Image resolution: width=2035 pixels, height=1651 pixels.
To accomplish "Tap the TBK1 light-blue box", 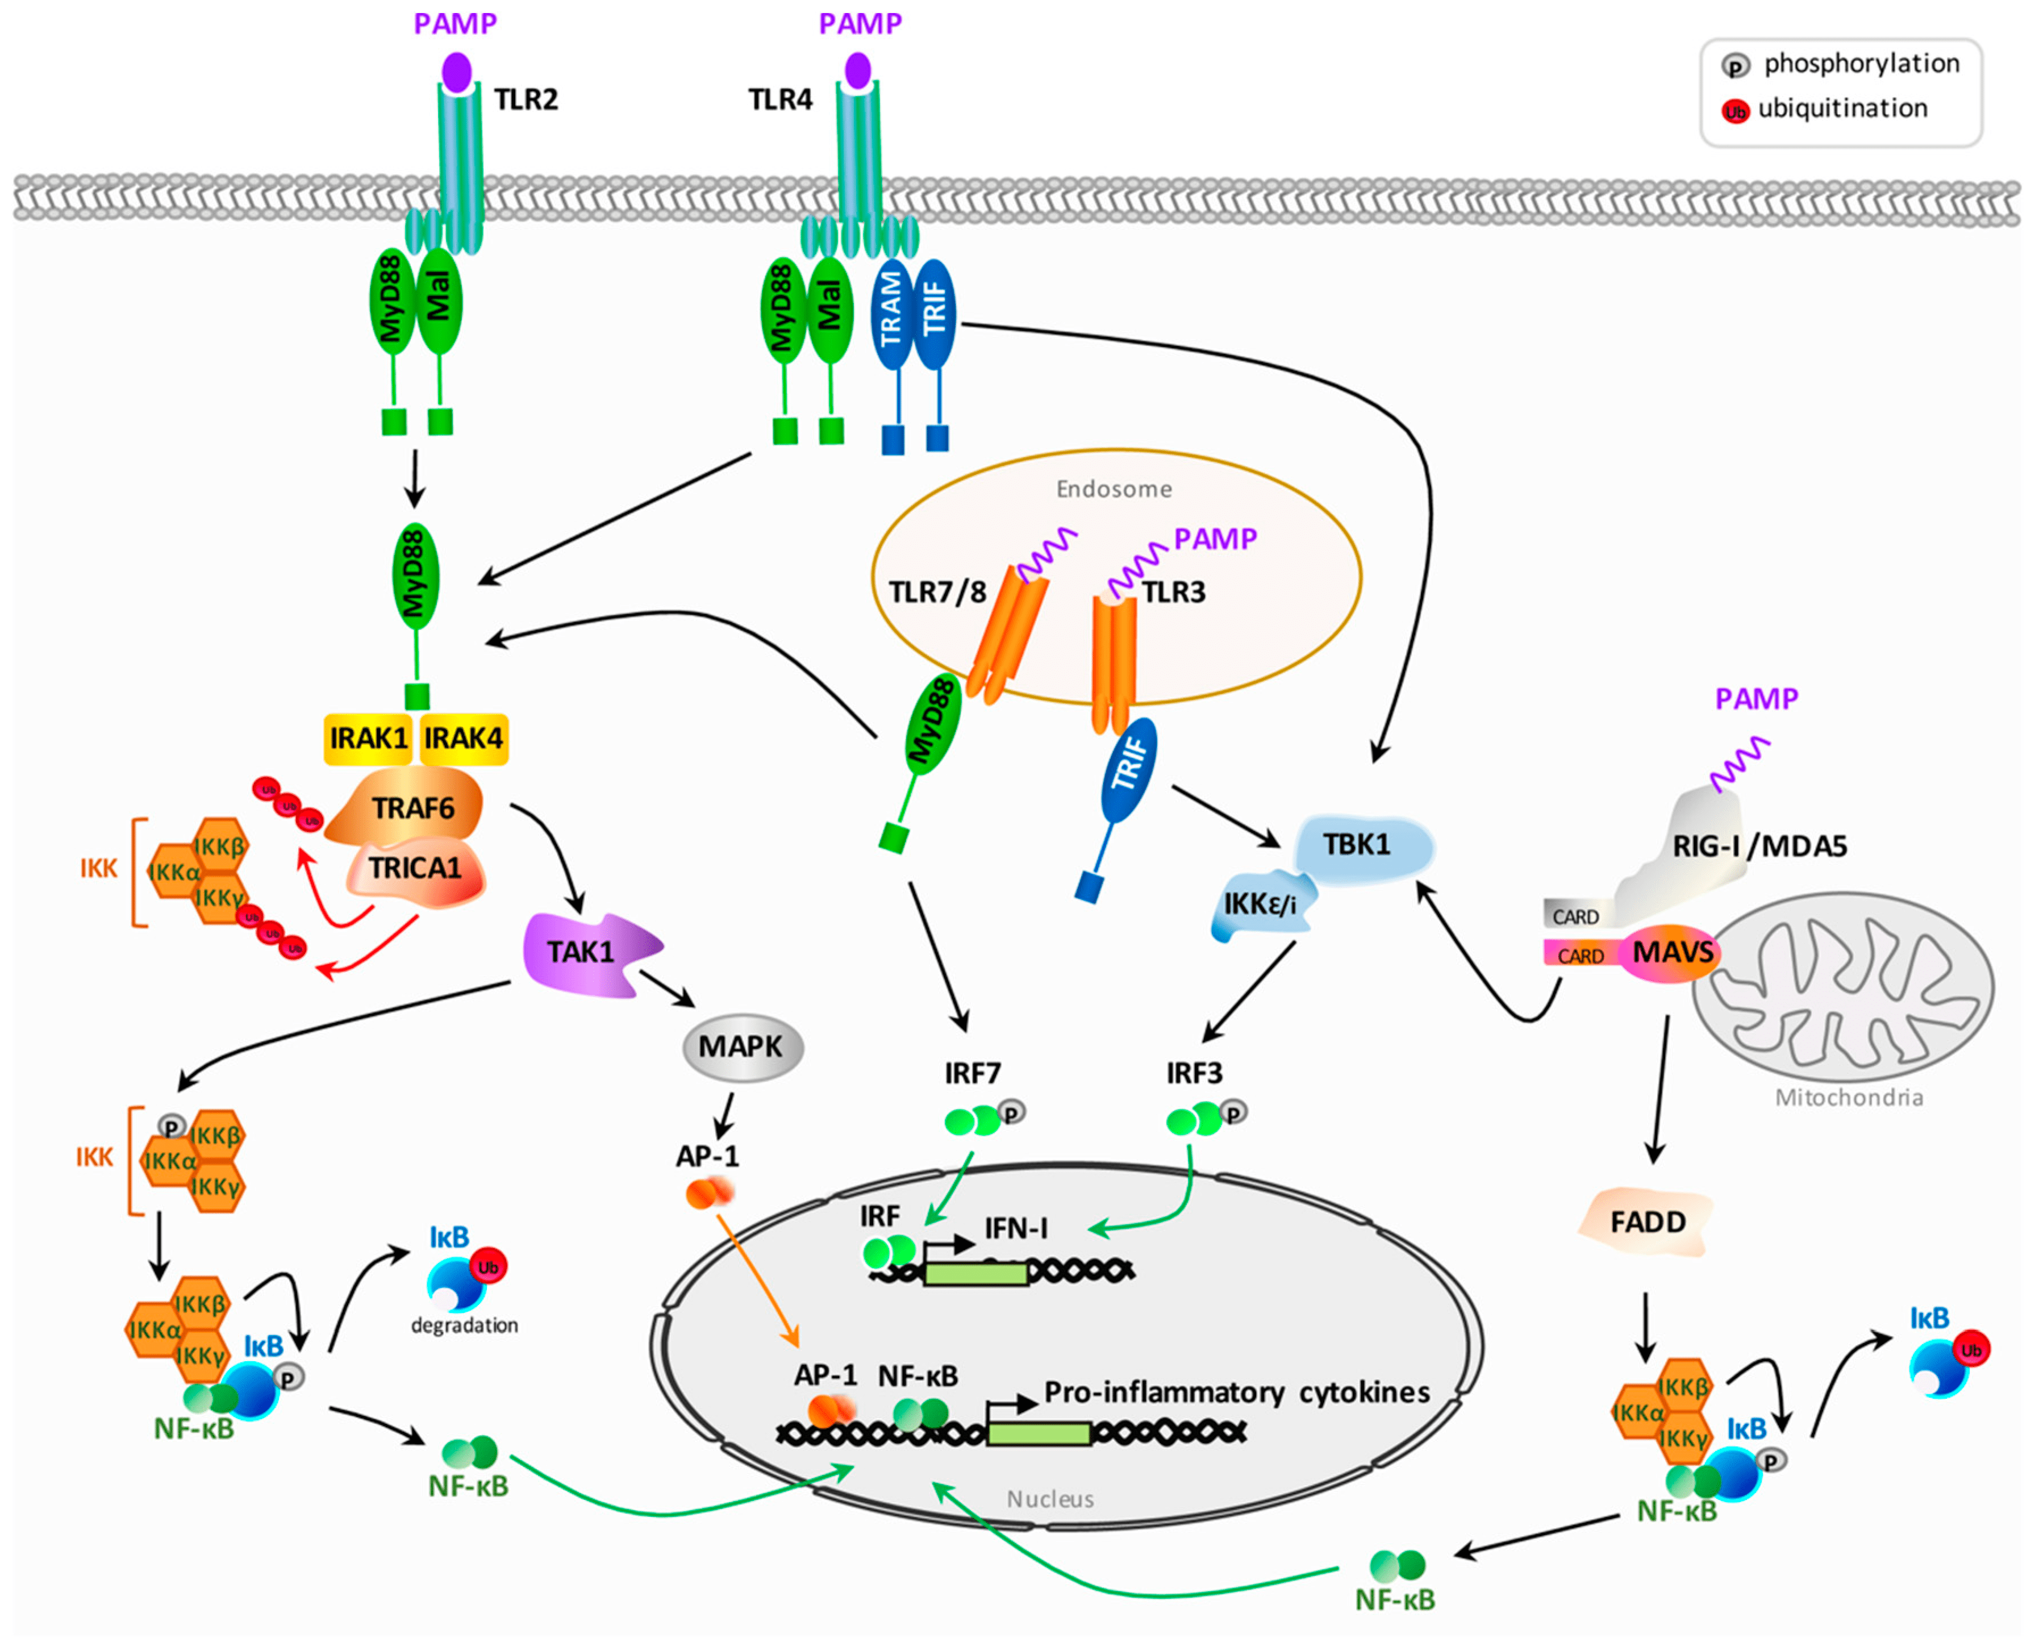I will click(x=1360, y=845).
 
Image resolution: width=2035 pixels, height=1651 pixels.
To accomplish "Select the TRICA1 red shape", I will click(x=415, y=868).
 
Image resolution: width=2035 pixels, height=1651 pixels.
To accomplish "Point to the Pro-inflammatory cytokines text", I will click(x=1236, y=1393).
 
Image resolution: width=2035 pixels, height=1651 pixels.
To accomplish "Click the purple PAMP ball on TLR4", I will click(x=858, y=70).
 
